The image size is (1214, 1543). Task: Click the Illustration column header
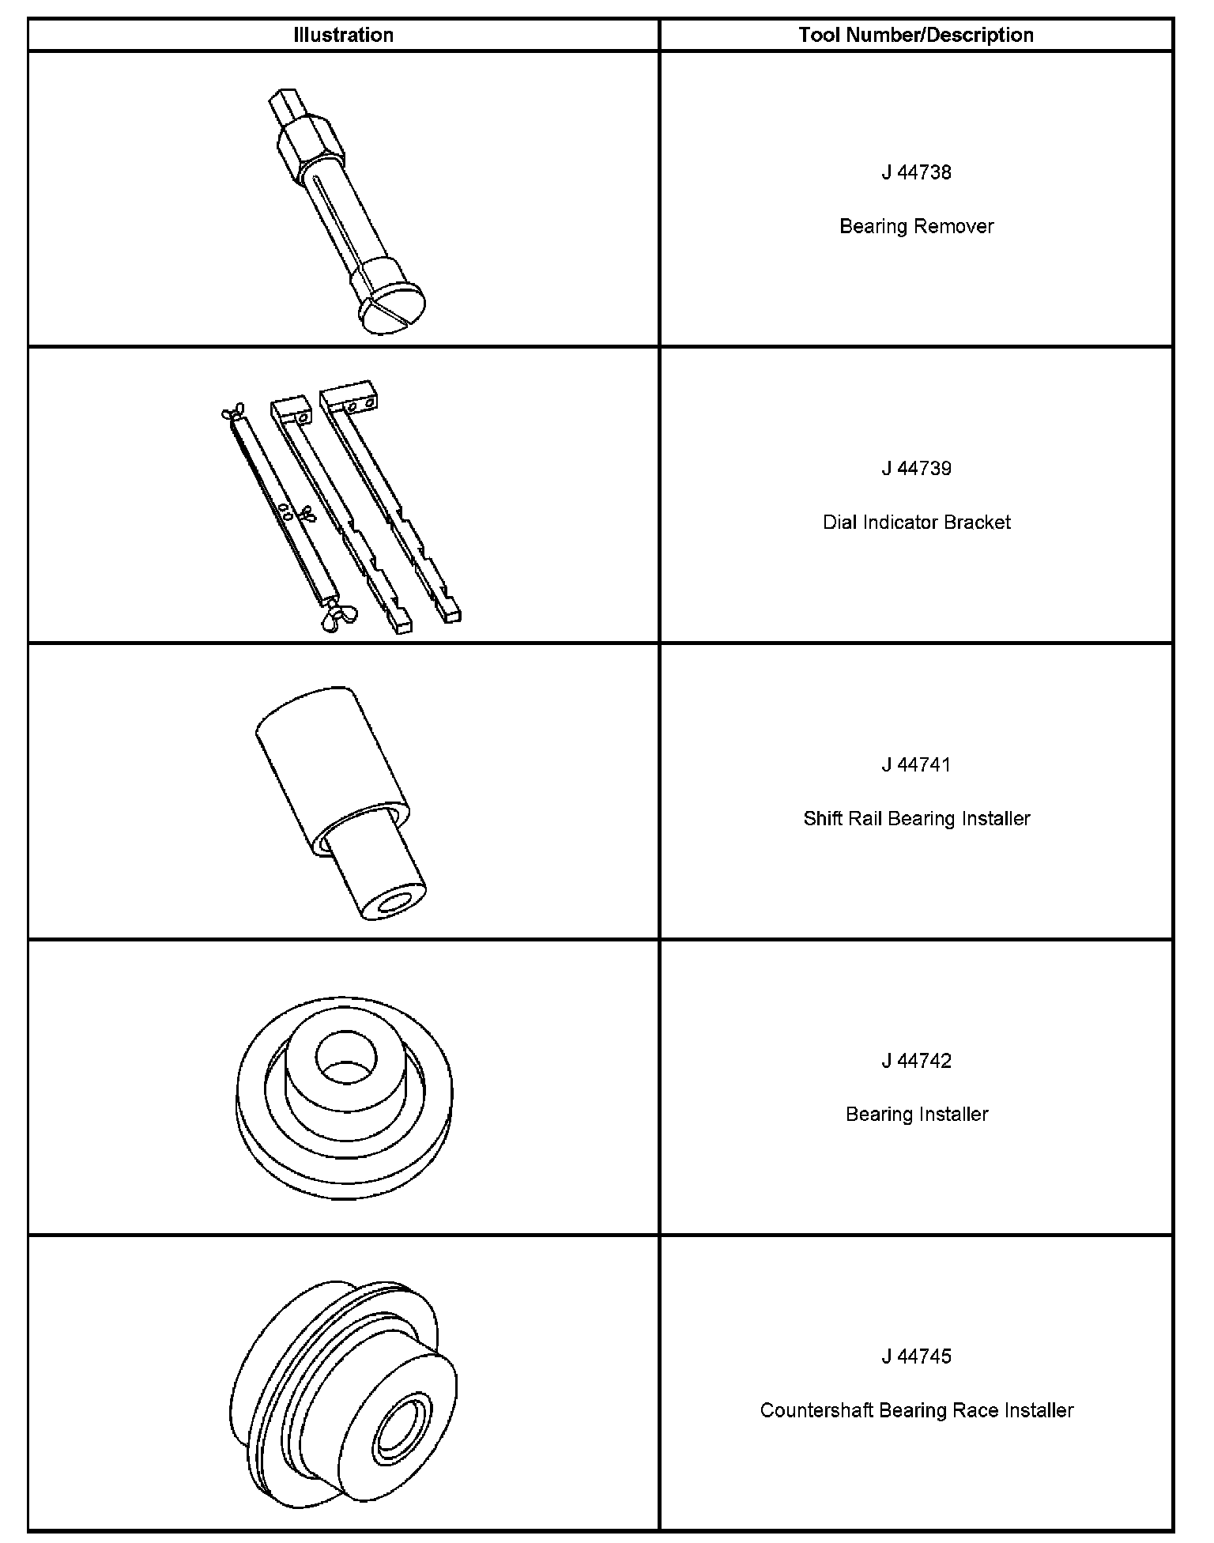tap(343, 35)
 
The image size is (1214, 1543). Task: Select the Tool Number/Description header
tap(916, 35)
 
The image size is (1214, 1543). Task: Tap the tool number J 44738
tap(916, 172)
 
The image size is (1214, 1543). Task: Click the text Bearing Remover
tap(916, 226)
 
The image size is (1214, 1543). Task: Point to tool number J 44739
tap(916, 468)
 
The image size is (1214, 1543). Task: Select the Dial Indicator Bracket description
tap(916, 522)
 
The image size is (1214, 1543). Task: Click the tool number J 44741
tap(916, 764)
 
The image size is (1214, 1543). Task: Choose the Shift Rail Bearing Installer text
tap(916, 818)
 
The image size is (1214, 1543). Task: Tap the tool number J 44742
tap(916, 1060)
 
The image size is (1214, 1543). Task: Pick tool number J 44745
tap(916, 1356)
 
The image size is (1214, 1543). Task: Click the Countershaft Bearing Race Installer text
tap(916, 1410)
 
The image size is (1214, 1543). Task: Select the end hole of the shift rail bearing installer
tap(393, 904)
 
